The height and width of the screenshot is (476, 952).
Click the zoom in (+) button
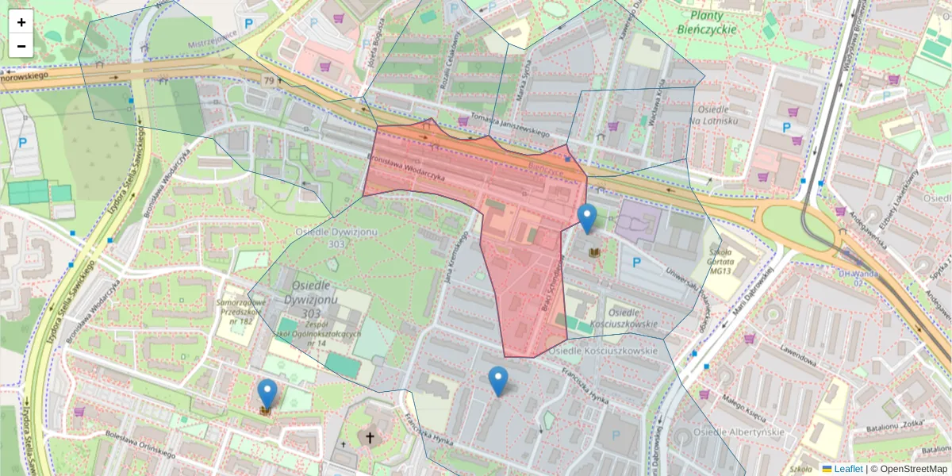(21, 22)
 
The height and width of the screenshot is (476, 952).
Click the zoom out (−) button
(21, 46)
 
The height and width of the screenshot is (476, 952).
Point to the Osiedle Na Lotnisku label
(714, 113)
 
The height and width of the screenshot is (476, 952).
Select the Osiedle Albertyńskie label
(739, 432)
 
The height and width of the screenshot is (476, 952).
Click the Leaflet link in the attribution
(847, 469)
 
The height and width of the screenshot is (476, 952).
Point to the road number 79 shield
(269, 80)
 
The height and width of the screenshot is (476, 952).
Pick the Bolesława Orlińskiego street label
(140, 443)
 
